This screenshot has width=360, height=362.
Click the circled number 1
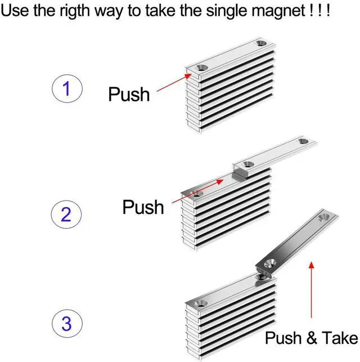pyautogui.click(x=67, y=88)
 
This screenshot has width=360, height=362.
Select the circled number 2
pyautogui.click(x=66, y=214)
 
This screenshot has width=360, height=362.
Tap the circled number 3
pyautogui.click(x=67, y=323)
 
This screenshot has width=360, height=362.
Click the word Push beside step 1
pyautogui.click(x=129, y=94)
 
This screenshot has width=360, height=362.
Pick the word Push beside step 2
pyautogui.click(x=143, y=207)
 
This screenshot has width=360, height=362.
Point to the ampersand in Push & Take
pyautogui.click(x=312, y=338)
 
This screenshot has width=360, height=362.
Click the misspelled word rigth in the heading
pyautogui.click(x=74, y=10)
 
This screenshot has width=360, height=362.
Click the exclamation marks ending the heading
pyautogui.click(x=319, y=10)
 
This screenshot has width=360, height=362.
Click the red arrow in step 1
pyautogui.click(x=174, y=82)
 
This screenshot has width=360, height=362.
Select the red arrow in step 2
pyautogui.click(x=197, y=191)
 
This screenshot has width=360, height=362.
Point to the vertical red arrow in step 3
pyautogui.click(x=311, y=290)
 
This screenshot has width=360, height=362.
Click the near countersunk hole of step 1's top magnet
pyautogui.click(x=202, y=68)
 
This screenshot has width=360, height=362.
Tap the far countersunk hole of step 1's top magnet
pyautogui.click(x=261, y=43)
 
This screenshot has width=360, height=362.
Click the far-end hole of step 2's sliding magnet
pyautogui.click(x=303, y=141)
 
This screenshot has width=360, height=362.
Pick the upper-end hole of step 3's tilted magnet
pyautogui.click(x=324, y=217)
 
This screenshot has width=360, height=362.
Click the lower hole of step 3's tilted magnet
pyautogui.click(x=269, y=263)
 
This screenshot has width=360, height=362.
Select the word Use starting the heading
pyautogui.click(x=15, y=10)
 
